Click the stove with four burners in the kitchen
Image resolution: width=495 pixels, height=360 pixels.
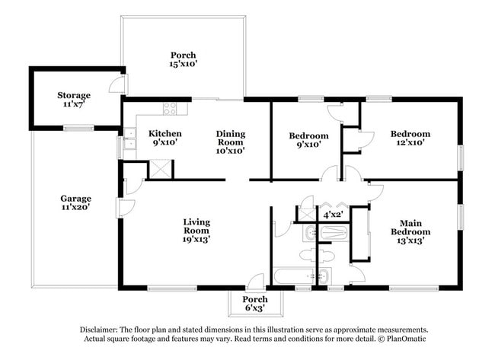170,109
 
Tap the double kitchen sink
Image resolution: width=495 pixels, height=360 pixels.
129,142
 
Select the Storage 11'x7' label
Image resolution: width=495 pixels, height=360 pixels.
74,100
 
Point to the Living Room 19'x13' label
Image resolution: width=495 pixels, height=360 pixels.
196,231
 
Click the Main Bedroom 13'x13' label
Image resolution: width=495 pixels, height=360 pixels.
411,231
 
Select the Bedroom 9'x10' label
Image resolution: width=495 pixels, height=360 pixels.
308,140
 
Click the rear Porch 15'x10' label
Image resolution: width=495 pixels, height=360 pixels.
183,60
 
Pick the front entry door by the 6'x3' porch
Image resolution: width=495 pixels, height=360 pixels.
256,282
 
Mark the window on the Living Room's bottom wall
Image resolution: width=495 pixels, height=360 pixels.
167,288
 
